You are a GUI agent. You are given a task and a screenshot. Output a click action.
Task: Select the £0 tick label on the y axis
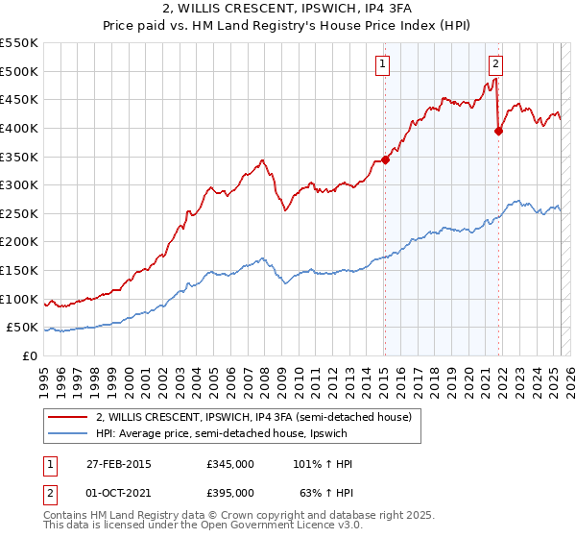point(30,355)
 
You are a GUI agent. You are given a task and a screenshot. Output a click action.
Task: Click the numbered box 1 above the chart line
point(382,64)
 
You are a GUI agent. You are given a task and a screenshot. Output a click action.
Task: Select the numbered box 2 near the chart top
point(495,64)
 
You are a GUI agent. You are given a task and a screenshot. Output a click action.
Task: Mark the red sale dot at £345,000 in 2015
point(385,159)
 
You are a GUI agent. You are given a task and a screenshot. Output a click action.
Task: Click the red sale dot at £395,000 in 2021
point(498,132)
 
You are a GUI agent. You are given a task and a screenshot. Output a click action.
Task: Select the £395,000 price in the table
point(230,493)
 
